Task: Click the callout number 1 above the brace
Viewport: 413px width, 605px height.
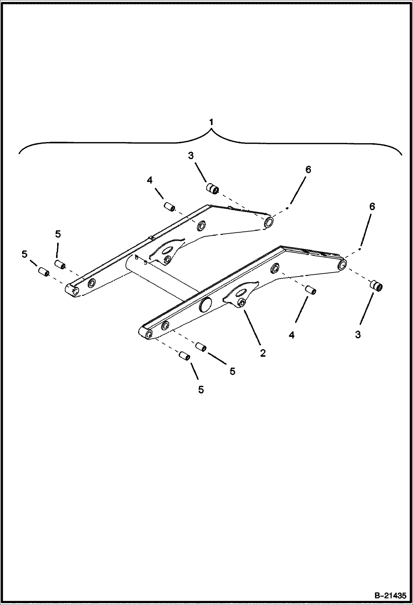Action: [x=211, y=122]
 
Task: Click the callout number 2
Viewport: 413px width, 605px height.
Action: [x=262, y=353]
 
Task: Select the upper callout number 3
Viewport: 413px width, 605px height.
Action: [x=191, y=156]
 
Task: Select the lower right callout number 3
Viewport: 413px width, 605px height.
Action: [x=358, y=334]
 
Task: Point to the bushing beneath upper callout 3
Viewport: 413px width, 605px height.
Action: [x=213, y=189]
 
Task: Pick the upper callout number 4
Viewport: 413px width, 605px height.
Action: [x=149, y=180]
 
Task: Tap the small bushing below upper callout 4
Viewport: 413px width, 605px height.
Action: [x=169, y=207]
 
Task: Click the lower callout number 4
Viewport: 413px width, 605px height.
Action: [x=292, y=335]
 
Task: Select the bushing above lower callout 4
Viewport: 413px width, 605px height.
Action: [x=311, y=290]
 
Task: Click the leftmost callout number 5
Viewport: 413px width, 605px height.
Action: [x=25, y=254]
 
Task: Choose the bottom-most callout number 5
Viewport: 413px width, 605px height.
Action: [x=201, y=390]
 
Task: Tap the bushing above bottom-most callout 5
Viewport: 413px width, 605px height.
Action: [x=184, y=356]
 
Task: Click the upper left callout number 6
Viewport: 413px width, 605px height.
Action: [x=308, y=170]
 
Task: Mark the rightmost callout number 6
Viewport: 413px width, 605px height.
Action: [x=372, y=207]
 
